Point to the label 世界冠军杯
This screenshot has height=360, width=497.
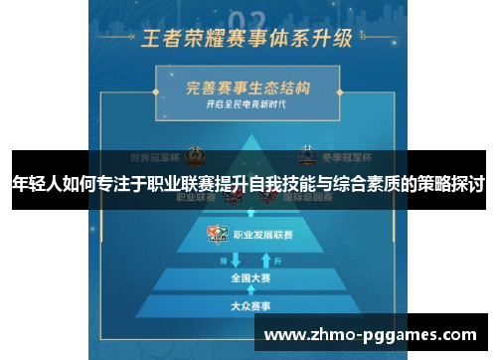(x=155, y=157)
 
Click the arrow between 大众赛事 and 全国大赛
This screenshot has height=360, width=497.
(x=248, y=291)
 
